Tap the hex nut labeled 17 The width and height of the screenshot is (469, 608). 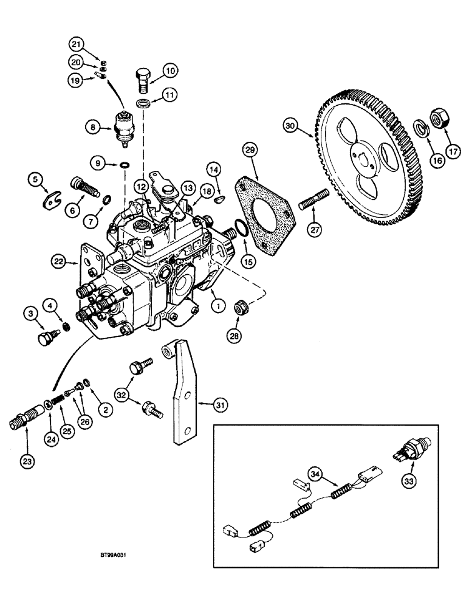(439, 118)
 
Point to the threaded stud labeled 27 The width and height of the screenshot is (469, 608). (314, 202)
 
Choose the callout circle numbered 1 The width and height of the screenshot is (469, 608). (214, 307)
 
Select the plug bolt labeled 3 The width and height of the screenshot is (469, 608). (45, 338)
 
